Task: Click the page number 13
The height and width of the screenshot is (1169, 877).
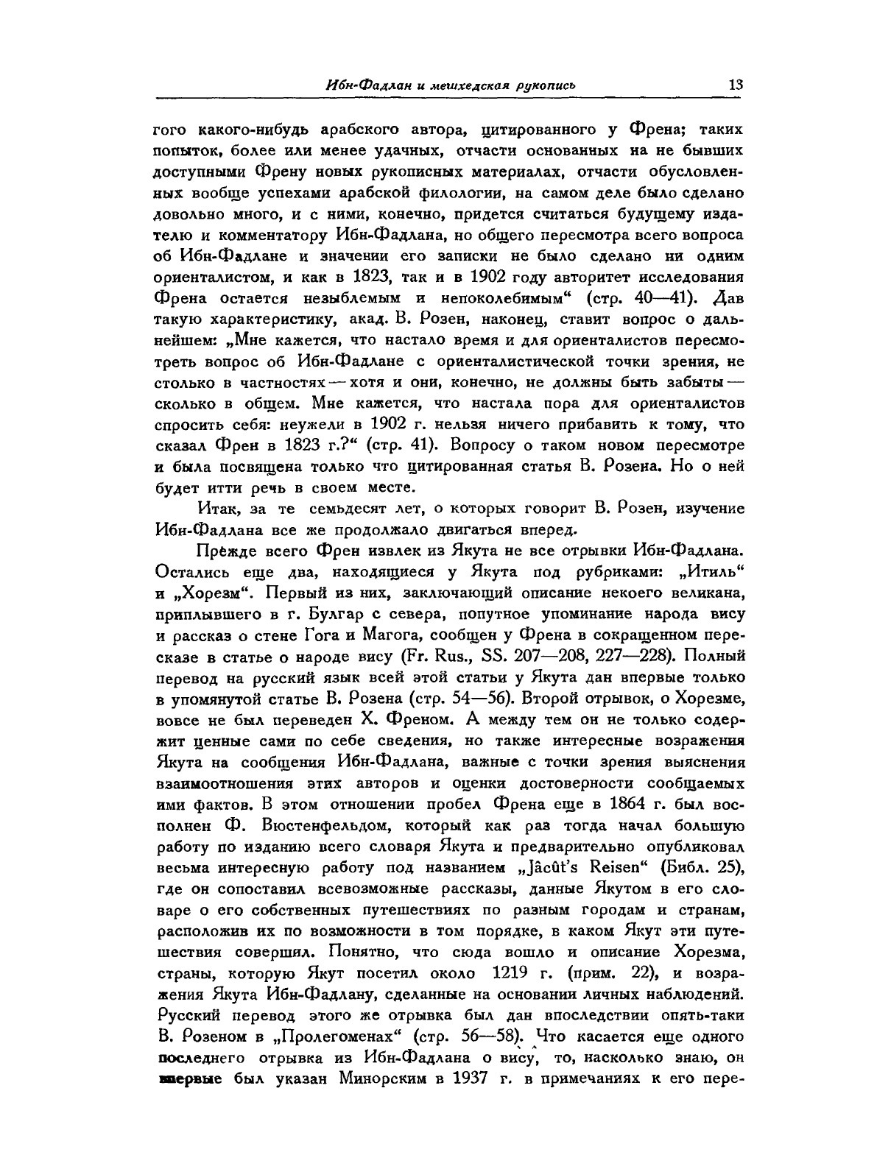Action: [x=735, y=85]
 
